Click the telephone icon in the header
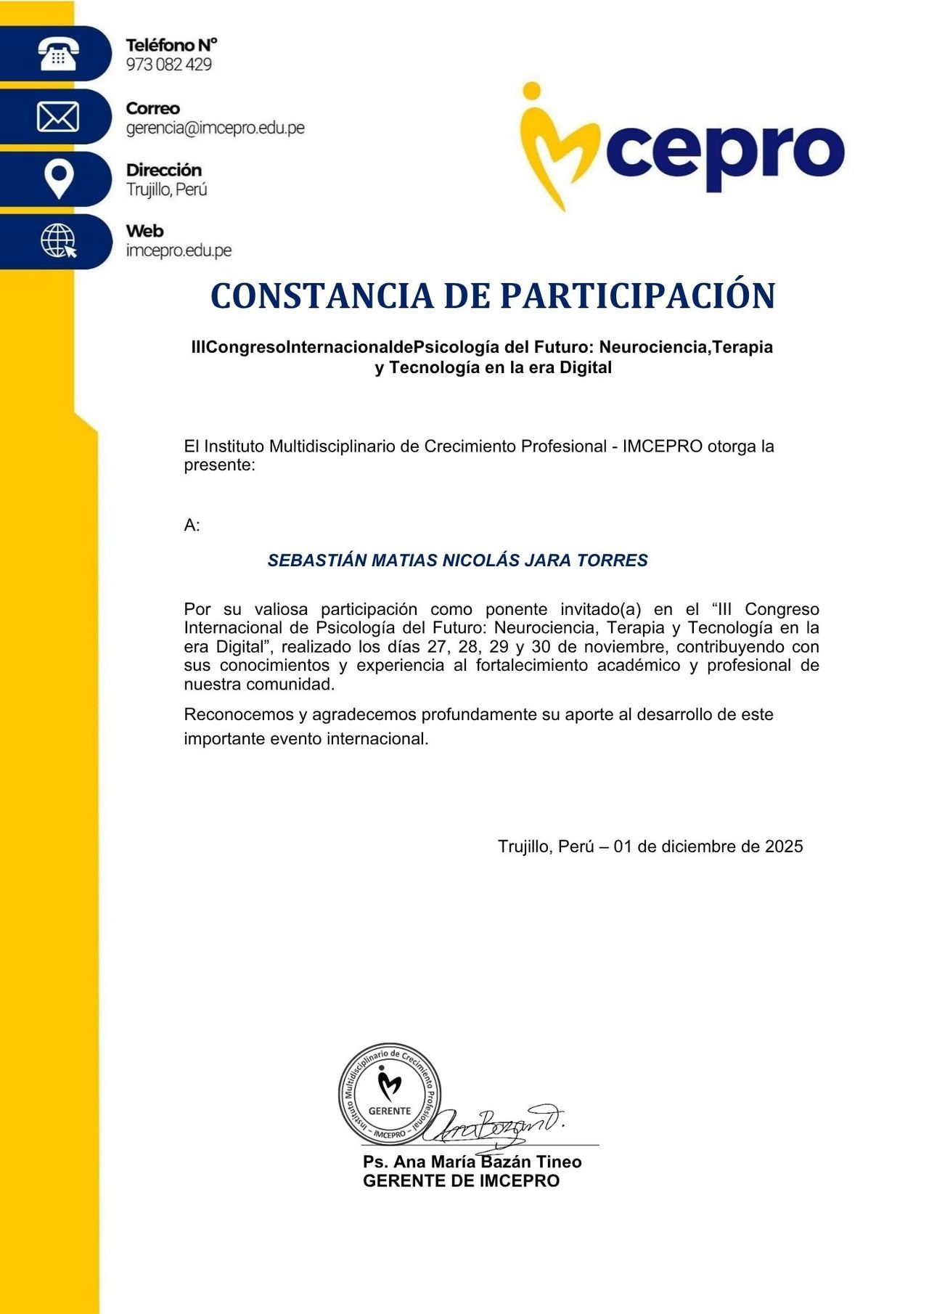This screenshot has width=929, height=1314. tap(58, 54)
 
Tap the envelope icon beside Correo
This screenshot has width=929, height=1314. tap(58, 117)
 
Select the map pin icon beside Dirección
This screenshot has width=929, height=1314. tap(59, 179)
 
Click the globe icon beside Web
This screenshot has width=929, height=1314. tap(59, 240)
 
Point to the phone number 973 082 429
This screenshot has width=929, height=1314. tap(168, 65)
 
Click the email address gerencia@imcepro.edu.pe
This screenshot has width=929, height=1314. tap(215, 128)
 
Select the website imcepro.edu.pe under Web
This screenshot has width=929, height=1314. tap(179, 250)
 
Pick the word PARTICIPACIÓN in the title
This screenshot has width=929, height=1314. tap(638, 296)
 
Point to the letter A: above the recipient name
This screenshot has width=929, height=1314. tap(192, 526)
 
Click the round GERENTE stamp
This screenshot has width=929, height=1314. tap(390, 1093)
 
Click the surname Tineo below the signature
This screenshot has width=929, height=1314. tap(558, 1162)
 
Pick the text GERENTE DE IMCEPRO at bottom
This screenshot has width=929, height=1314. tap(461, 1181)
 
